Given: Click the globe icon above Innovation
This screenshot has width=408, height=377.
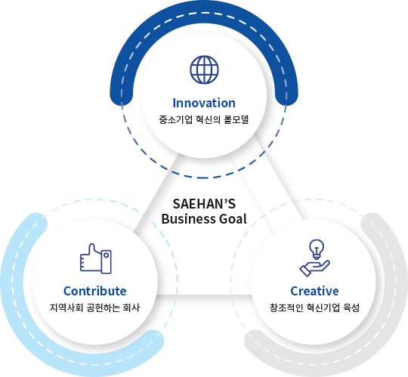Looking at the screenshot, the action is click(x=204, y=70).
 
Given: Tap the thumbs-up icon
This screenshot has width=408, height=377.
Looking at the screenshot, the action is click(x=96, y=258).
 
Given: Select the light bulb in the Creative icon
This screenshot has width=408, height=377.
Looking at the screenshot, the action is click(x=317, y=249).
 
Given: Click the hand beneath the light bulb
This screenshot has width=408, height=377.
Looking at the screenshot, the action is click(x=314, y=268).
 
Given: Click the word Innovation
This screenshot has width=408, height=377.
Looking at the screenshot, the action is click(x=204, y=103).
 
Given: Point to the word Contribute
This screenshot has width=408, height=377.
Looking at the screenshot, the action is click(x=95, y=291).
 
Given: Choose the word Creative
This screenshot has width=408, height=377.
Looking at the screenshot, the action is click(x=314, y=291).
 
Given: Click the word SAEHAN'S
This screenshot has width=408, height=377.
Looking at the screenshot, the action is click(x=204, y=204).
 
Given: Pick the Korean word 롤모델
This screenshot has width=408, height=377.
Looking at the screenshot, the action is click(x=236, y=119).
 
